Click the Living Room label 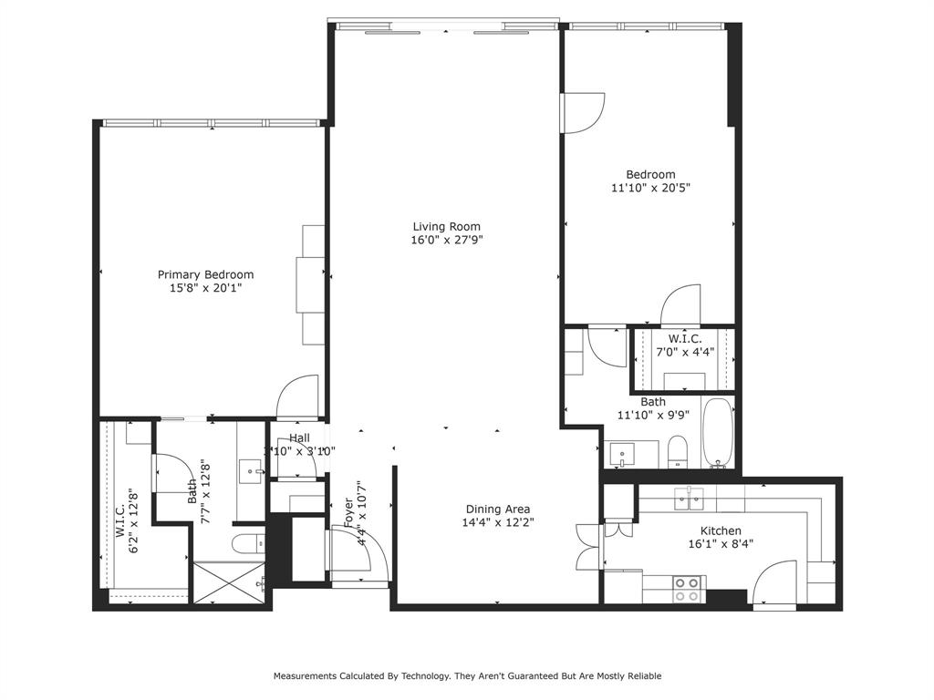tap(446, 227)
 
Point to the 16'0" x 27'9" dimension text tap(446, 241)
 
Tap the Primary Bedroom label tap(205, 274)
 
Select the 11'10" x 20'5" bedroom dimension tap(650, 189)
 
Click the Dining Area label tap(497, 510)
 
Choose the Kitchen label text tap(720, 530)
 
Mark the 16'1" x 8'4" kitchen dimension tap(720, 544)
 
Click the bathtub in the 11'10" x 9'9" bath tap(718, 432)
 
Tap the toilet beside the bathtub tap(678, 451)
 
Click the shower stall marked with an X tap(229, 582)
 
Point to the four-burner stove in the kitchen tap(687, 589)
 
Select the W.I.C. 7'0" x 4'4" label tap(684, 345)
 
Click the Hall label tap(299, 438)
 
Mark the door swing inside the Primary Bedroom tap(298, 397)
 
